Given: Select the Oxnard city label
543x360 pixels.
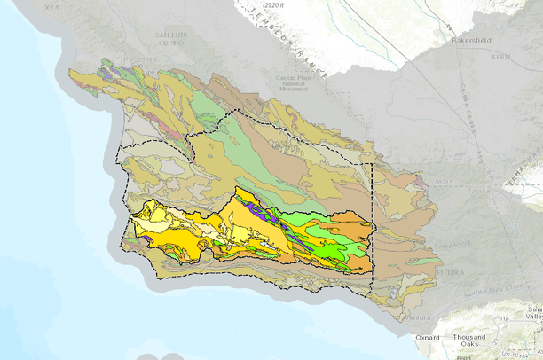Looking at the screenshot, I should [x=432, y=336].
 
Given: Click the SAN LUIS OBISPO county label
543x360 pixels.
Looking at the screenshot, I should [x=169, y=38].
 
